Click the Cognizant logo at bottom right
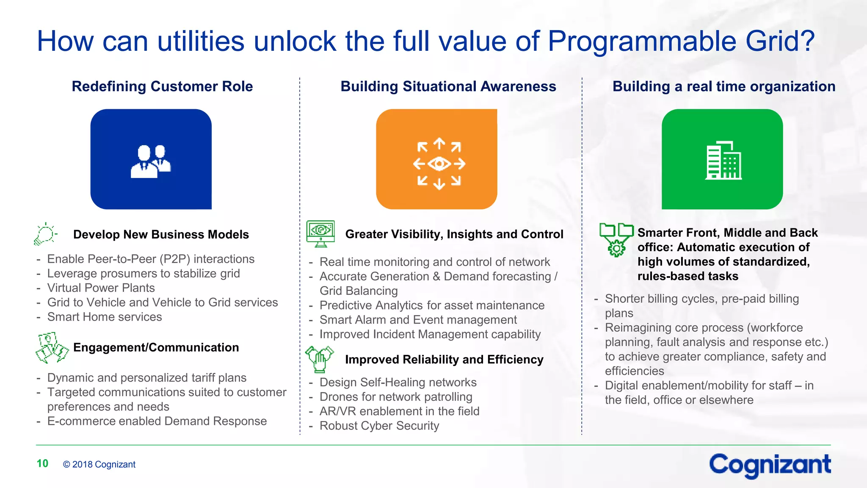point(770,465)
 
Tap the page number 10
point(42,463)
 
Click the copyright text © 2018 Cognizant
point(99,464)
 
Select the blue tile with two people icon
point(151,159)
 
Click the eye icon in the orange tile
point(439,164)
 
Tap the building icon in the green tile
point(723,161)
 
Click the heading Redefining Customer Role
point(162,86)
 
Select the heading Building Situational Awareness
point(448,86)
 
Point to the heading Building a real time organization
point(723,86)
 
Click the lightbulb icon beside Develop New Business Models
point(45,234)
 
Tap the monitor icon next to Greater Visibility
point(320,233)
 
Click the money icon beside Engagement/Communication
point(52,348)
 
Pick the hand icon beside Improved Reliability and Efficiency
point(319,359)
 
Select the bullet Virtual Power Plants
point(101,288)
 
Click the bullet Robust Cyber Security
point(379,426)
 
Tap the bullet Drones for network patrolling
point(395,397)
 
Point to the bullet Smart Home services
point(104,317)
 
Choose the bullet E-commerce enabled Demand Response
point(157,421)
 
